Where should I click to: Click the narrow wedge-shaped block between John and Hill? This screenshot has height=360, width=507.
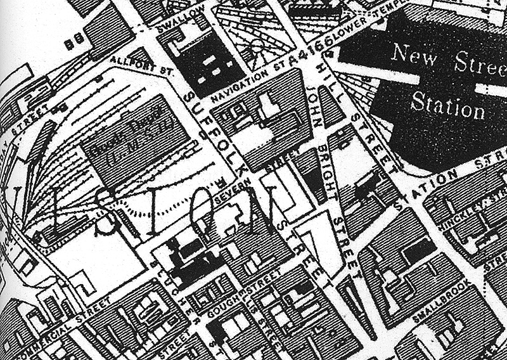[x=330, y=108]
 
